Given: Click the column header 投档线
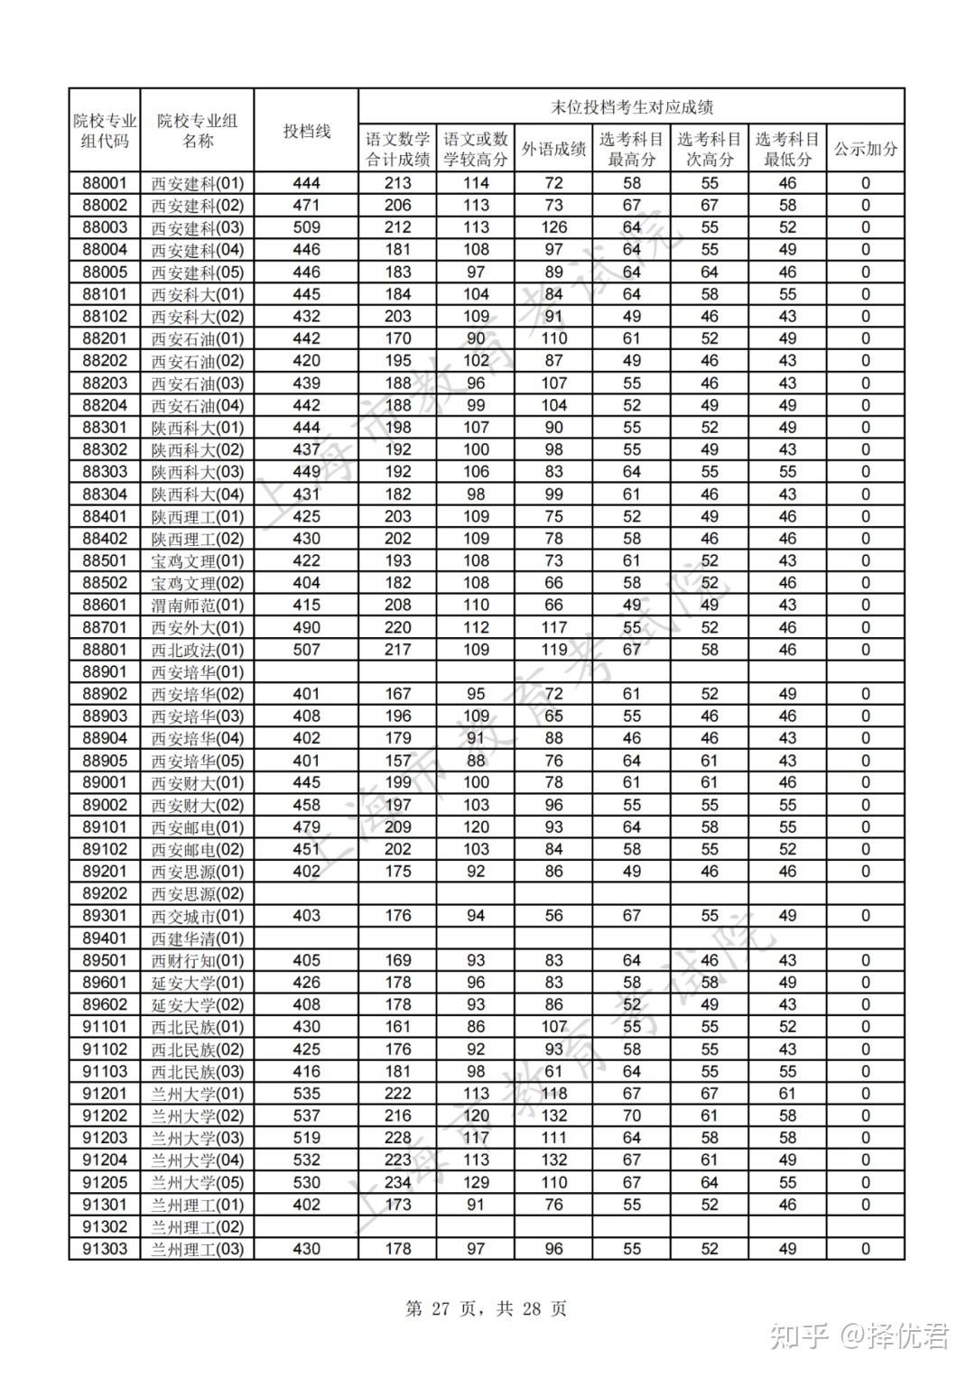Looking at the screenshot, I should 306,131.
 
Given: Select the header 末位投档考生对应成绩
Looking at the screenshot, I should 631,106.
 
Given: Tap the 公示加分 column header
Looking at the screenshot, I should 865,149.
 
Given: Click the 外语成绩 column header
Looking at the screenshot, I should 553,149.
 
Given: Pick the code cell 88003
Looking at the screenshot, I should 105,227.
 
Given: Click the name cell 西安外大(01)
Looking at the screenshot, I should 197,628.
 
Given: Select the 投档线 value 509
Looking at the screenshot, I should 306,227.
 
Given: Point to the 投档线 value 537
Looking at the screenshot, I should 306,1116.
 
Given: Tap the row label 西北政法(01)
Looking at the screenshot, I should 197,650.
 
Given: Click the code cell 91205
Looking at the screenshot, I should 105,1183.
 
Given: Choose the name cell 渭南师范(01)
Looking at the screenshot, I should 197,605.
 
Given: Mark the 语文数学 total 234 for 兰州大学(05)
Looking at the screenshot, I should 397,1183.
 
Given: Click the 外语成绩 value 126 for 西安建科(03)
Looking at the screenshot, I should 553,227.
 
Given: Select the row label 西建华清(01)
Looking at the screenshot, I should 197,938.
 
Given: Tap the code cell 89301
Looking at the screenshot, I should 105,916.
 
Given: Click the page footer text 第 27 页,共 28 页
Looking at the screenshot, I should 487,1308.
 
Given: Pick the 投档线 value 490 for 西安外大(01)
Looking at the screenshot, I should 306,628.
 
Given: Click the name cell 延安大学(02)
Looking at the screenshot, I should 197,1005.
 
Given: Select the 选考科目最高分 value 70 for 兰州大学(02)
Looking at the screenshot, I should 631,1116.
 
